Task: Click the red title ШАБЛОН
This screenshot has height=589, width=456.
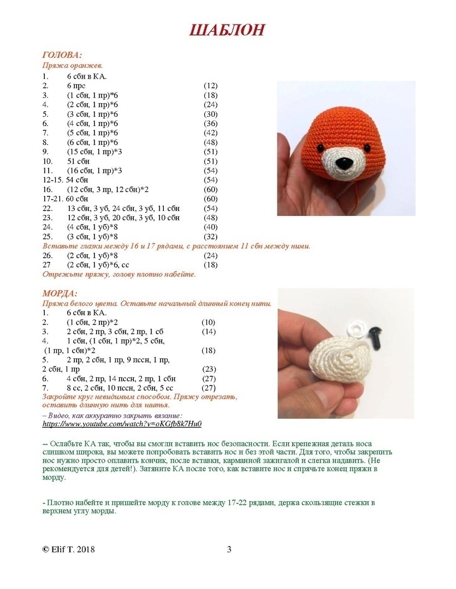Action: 227,30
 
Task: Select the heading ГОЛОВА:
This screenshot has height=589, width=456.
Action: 62,55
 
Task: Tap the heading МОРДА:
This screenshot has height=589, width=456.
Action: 60,293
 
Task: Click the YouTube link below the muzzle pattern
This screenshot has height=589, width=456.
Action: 122,424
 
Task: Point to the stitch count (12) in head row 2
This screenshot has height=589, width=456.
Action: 210,86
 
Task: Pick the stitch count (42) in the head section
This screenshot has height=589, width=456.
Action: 210,133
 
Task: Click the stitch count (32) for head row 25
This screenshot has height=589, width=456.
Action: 210,237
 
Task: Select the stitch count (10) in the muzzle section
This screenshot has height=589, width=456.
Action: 209,322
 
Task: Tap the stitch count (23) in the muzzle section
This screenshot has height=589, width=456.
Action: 209,369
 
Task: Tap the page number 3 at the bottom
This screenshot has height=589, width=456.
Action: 229,549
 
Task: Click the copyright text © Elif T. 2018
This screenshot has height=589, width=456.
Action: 69,549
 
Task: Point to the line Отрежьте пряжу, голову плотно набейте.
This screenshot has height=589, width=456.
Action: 119,274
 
